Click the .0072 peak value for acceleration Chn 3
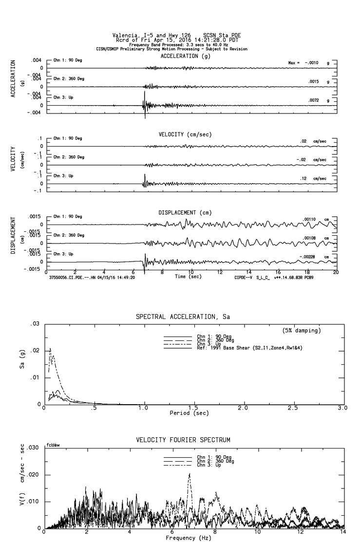coord(313,100)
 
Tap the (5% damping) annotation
coord(301,331)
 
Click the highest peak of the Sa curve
coord(50,349)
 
